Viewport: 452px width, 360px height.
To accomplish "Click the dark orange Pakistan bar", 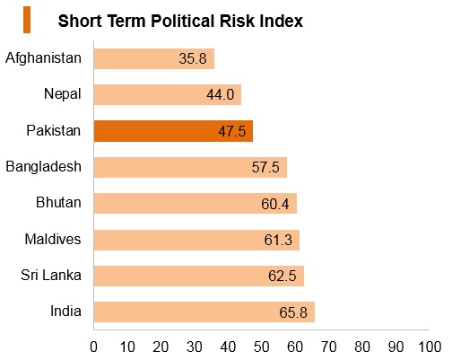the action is pyautogui.click(x=173, y=131).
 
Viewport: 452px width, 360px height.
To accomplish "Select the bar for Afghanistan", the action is pyautogui.click(x=154, y=58).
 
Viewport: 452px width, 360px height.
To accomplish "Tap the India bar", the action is pyautogui.click(x=204, y=312).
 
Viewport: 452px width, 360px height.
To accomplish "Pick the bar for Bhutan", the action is pyautogui.click(x=196, y=204).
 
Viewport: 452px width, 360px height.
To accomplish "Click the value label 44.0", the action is pyautogui.click(x=220, y=95).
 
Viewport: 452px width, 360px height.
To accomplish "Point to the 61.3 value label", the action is pyautogui.click(x=278, y=240).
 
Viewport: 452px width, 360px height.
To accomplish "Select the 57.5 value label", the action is pyautogui.click(x=265, y=167).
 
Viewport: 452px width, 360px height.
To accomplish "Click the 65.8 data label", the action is pyautogui.click(x=293, y=312).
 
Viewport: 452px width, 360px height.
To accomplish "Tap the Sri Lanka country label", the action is pyautogui.click(x=51, y=275).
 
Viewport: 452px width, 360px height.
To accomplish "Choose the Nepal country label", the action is pyautogui.click(x=63, y=94).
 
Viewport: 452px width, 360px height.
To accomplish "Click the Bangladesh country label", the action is pyautogui.click(x=43, y=166).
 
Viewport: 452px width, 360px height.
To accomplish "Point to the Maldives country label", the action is pyautogui.click(x=53, y=239).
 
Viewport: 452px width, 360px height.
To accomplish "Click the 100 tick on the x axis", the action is pyautogui.click(x=430, y=347).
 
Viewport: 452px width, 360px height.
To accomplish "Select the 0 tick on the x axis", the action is pyautogui.click(x=93, y=347).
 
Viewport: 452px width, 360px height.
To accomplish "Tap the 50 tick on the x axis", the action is pyautogui.click(x=262, y=347).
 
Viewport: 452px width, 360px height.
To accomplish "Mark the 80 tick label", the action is pyautogui.click(x=362, y=347).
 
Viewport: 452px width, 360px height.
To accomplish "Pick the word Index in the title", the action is pyautogui.click(x=281, y=21).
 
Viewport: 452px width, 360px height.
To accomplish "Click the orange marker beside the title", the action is pyautogui.click(x=27, y=20).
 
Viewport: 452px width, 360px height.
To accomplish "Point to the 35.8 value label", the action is pyautogui.click(x=193, y=58).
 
